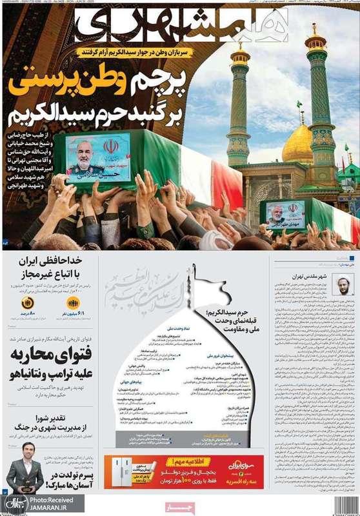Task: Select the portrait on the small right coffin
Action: point(286,214)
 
